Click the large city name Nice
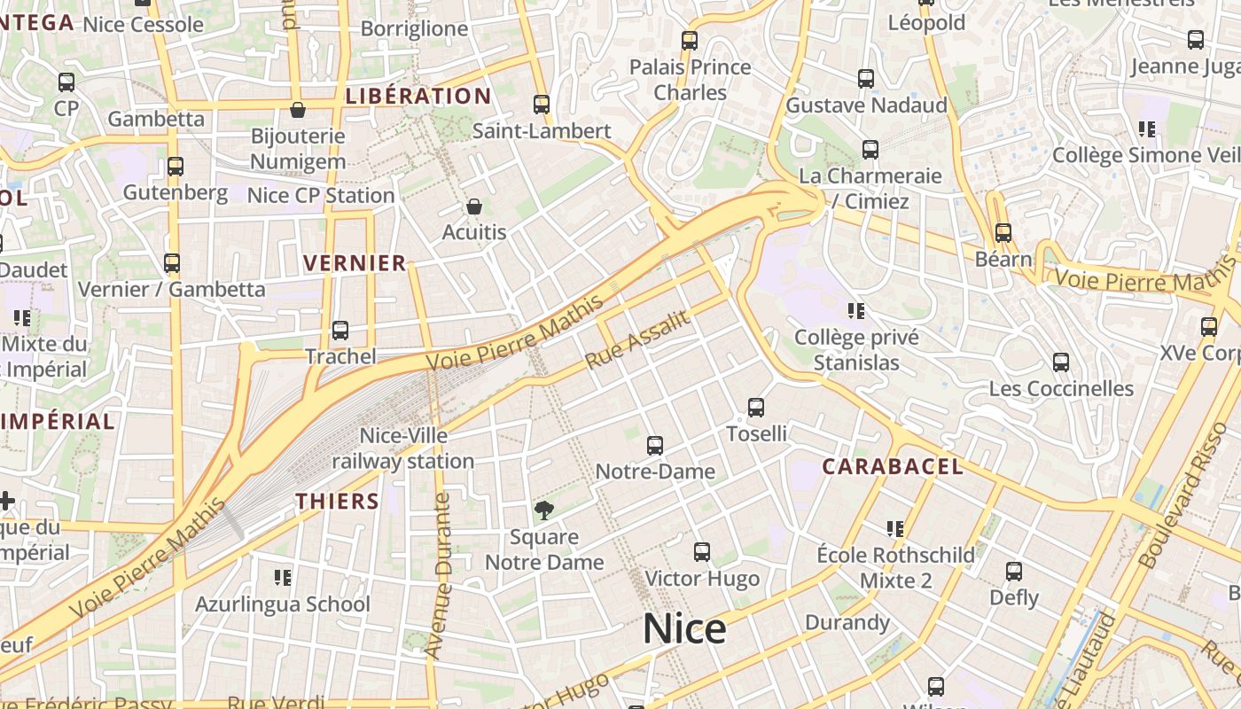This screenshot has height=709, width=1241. point(684,628)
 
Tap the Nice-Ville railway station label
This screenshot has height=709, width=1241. point(403,448)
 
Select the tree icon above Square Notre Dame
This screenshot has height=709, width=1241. point(544,510)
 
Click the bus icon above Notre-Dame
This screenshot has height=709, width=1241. point(655,446)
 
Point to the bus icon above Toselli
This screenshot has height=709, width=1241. point(756,408)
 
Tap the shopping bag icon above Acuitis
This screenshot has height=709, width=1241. point(474,207)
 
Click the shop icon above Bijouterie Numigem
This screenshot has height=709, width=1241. point(298,110)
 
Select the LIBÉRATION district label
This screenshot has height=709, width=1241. point(418,96)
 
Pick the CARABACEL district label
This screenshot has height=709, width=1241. point(892,466)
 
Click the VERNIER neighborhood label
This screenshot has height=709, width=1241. point(355,262)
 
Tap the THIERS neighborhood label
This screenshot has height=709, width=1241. point(338,501)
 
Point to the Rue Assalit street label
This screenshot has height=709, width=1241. point(637,340)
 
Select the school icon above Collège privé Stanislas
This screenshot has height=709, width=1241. point(856,311)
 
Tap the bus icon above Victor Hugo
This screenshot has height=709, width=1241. point(702,552)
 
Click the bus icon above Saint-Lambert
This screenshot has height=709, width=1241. point(542,105)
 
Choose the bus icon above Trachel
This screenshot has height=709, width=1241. point(340,331)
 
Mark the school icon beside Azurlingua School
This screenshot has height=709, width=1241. point(283,578)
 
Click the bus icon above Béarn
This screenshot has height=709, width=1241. point(1003,233)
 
